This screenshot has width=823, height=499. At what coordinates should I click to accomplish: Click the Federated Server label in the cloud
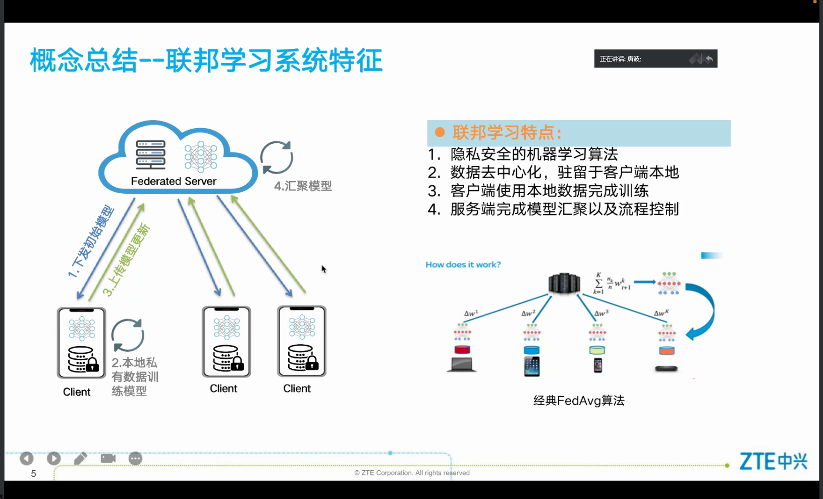click(174, 181)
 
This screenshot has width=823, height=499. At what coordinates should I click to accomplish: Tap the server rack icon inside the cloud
click(150, 155)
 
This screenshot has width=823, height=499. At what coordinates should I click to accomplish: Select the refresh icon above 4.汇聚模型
click(277, 157)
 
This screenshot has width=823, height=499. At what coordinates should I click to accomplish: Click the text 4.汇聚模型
click(303, 186)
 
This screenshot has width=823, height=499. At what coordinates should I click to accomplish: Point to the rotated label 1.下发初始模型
click(91, 241)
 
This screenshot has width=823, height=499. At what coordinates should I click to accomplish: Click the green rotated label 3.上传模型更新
click(126, 259)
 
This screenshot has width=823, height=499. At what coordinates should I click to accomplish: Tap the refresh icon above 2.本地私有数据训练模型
click(128, 335)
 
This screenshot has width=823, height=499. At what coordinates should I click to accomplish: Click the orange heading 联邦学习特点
click(507, 133)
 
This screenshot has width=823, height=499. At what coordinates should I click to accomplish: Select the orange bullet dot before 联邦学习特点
click(440, 132)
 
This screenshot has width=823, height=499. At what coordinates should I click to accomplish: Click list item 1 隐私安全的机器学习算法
click(534, 154)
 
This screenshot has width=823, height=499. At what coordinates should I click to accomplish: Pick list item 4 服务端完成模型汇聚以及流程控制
click(564, 209)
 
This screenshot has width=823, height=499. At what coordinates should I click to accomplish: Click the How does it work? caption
click(463, 264)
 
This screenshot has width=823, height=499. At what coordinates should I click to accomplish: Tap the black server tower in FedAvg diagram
click(564, 283)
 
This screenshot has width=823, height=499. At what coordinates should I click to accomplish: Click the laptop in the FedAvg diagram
click(462, 364)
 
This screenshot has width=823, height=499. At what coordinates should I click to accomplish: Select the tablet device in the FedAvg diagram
click(532, 366)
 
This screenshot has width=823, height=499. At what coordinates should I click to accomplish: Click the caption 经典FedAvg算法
click(579, 401)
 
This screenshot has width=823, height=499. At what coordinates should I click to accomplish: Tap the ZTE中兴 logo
click(773, 461)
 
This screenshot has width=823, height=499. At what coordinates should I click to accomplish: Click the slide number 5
click(33, 473)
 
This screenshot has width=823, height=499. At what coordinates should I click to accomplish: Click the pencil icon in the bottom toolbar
click(81, 458)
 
